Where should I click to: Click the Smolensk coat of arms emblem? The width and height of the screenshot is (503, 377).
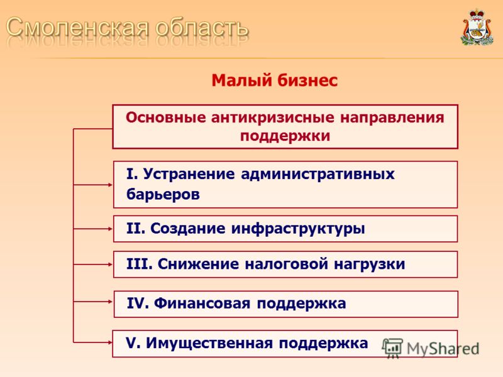click(477, 28)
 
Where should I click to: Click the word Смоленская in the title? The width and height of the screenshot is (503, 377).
click(77, 27)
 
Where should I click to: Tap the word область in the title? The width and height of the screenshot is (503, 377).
click(202, 27)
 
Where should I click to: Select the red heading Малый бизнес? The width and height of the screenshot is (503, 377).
click(275, 80)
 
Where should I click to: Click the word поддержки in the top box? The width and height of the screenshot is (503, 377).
click(285, 136)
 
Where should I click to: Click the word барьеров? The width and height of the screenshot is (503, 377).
click(163, 194)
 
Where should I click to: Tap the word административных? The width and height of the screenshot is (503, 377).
click(318, 175)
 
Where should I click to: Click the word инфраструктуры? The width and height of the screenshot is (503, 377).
click(298, 229)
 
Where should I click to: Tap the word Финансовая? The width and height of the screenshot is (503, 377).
click(202, 303)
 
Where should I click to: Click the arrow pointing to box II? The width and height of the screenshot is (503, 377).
click(92, 229)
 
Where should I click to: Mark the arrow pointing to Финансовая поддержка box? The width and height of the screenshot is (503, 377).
click(92, 302)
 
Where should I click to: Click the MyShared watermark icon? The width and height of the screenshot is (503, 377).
click(392, 348)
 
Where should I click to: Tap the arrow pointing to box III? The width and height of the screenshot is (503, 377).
click(92, 265)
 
